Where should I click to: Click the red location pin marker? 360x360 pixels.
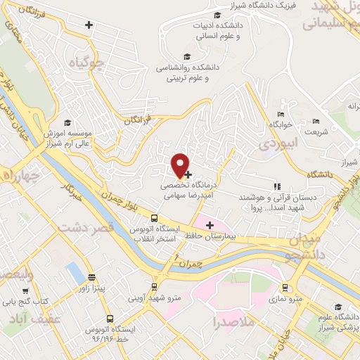(x=181, y=164)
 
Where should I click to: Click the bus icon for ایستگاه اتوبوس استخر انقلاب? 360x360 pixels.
(x=135, y=229)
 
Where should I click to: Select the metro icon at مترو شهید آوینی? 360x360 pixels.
(x=154, y=287)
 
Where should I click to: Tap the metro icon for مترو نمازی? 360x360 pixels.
(x=285, y=288)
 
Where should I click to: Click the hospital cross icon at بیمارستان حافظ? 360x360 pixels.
(x=209, y=224)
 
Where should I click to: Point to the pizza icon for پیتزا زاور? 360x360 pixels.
(x=91, y=277)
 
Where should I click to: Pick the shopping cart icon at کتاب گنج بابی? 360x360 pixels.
(x=26, y=290)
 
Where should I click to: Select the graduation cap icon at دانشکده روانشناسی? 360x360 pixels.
(x=186, y=57)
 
